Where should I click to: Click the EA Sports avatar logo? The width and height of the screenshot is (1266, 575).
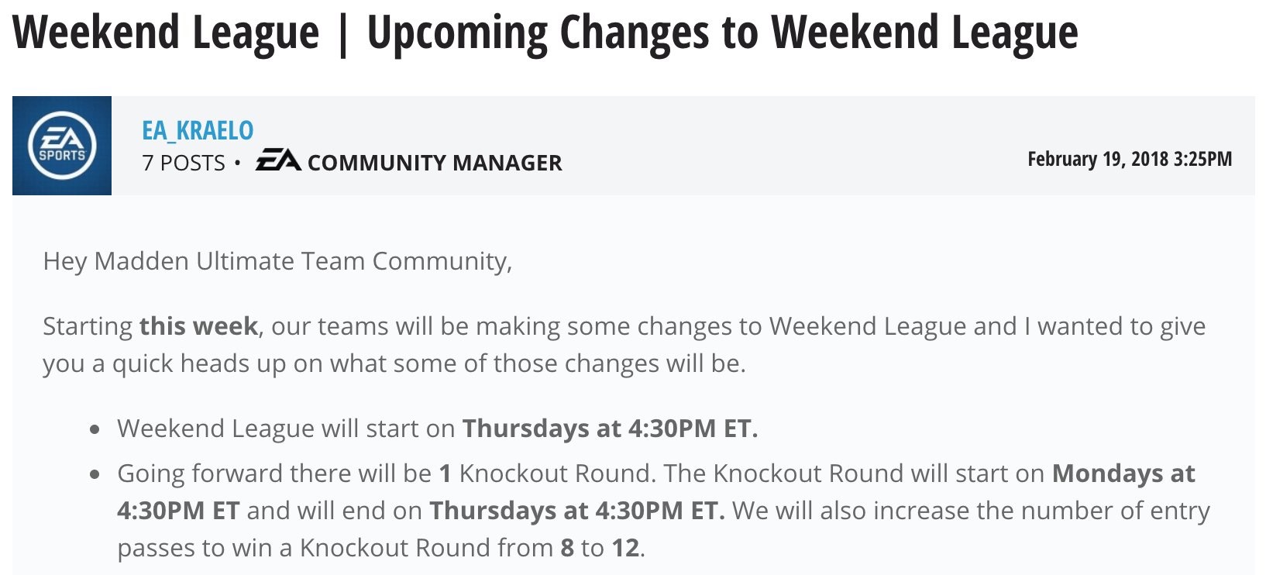point(62,146)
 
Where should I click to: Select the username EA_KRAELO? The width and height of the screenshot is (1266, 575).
point(198,131)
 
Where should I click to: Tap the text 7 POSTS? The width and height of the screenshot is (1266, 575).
point(184,163)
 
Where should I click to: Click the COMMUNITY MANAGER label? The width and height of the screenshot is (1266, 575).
point(435,163)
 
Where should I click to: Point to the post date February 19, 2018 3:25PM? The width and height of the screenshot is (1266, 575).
point(1129,159)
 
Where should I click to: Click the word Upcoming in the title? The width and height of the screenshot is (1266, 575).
point(457,33)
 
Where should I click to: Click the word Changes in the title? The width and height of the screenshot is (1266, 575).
point(634,33)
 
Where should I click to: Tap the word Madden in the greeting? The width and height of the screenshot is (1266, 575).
point(141,261)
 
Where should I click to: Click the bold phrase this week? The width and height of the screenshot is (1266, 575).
point(199,326)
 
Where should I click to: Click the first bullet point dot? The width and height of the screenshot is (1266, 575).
point(95,429)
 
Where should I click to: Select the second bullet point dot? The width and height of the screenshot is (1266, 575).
point(95,474)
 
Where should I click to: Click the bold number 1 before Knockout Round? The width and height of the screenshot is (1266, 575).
point(446,473)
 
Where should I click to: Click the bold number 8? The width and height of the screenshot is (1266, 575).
point(567,548)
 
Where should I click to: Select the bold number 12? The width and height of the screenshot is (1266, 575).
point(626,548)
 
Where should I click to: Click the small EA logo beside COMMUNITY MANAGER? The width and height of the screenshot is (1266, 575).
point(278,160)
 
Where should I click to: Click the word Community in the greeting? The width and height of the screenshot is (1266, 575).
point(442,261)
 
